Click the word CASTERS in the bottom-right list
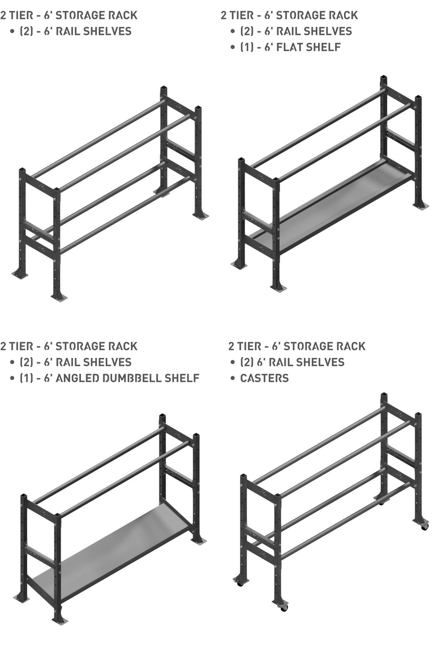click(265, 378)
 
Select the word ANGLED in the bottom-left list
click(77, 378)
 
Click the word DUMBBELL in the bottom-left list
click(132, 378)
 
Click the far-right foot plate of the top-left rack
click(200, 216)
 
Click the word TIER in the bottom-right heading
click(249, 346)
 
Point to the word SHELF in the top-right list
click(327, 47)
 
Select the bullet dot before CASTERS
click(233, 379)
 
